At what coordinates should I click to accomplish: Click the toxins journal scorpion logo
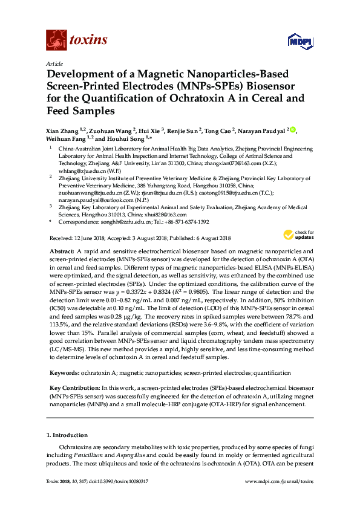point(56,41)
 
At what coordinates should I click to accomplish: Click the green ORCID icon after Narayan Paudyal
point(293,129)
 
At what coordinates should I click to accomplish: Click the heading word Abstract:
point(61,250)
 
